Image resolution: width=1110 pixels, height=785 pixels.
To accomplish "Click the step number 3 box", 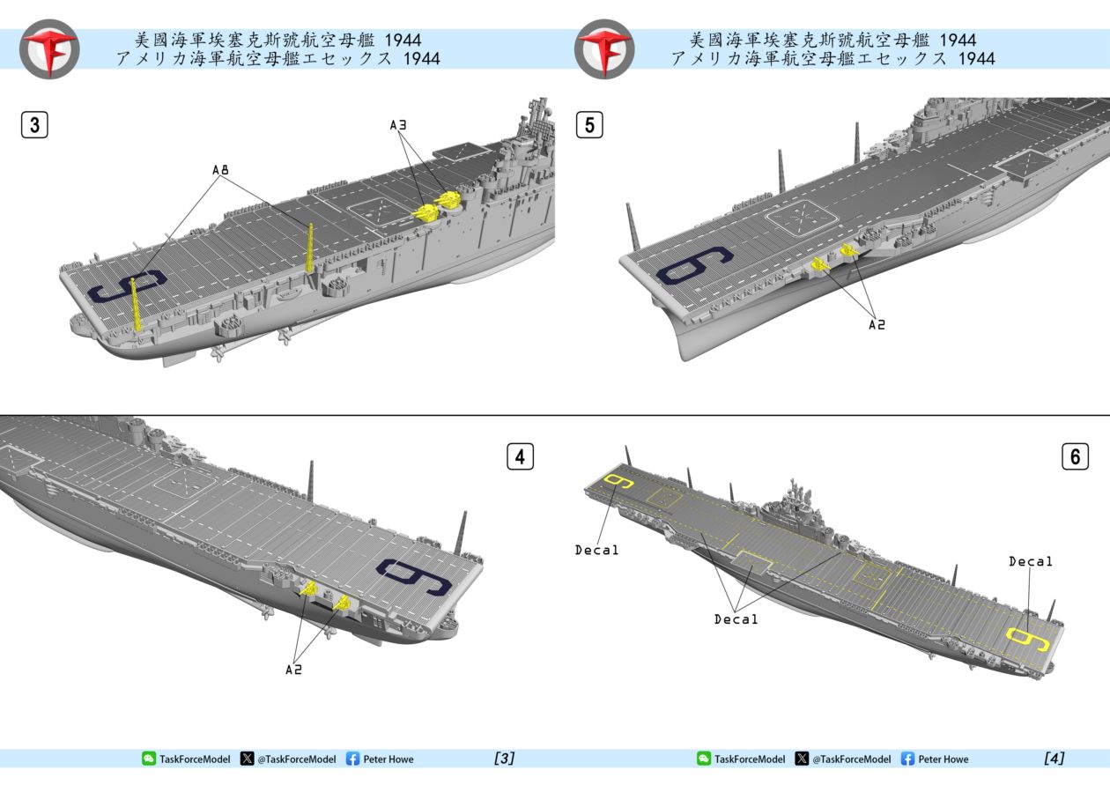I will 34,125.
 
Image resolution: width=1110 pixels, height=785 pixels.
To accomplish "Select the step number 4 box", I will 520,457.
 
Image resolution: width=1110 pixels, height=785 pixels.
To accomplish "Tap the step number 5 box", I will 589,125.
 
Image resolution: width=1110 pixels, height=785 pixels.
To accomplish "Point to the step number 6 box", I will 1075,457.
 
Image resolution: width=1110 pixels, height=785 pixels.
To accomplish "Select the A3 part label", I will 399,126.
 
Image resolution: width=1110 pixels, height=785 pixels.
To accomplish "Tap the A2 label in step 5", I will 876,324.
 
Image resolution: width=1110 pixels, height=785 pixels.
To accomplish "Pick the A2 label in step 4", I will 294,670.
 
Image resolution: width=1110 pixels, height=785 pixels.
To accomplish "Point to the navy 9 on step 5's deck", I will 695,265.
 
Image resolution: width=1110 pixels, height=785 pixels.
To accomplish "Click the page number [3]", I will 505,759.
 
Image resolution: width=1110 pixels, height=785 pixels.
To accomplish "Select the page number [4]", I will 1054,759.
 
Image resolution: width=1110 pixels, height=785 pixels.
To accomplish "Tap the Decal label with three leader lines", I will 736,619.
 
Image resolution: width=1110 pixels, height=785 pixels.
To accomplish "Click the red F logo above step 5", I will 604,48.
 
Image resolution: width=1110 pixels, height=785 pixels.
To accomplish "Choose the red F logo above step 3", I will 49,48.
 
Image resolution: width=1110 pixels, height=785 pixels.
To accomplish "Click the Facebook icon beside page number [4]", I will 907,759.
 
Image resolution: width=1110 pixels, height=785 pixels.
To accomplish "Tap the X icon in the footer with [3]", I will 247,759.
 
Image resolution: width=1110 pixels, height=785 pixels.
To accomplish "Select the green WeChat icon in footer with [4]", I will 703,759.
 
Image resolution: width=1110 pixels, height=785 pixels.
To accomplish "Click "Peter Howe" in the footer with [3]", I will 388,759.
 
